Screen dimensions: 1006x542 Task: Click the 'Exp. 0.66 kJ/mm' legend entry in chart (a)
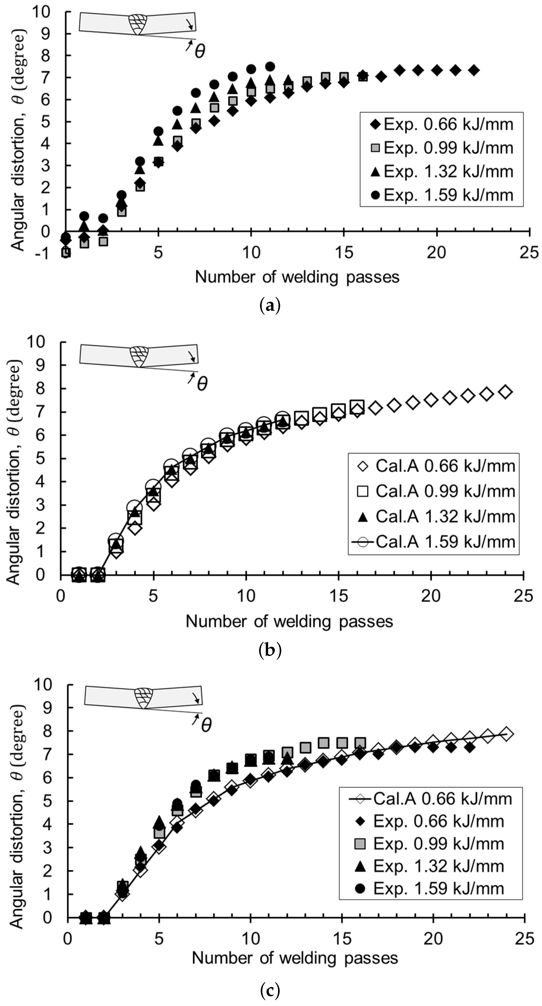pos(441,124)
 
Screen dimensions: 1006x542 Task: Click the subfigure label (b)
pos(270,650)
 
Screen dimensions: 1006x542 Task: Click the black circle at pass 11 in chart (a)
pos(270,66)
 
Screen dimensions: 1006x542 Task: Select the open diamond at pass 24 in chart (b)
pos(505,392)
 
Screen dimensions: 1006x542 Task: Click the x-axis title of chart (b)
pos(289,621)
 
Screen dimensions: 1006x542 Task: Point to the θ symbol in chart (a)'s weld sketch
pos(199,51)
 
